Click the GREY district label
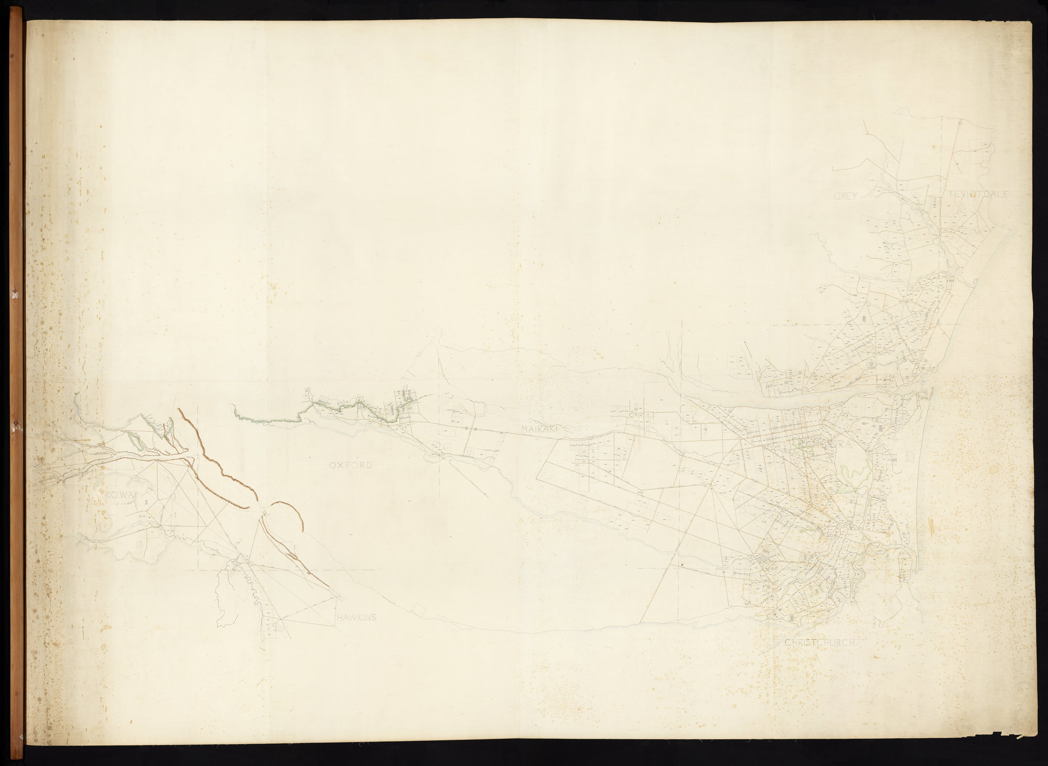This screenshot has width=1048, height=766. click(845, 196)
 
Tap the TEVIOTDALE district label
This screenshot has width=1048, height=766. click(979, 194)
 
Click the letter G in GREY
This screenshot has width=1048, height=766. click(837, 196)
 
